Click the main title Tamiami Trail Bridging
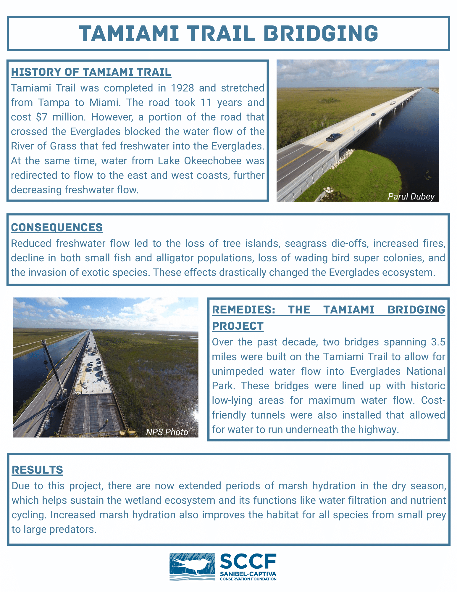click(228, 33)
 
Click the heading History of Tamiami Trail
click(91, 72)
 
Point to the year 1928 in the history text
click(182, 88)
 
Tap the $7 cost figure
click(41, 117)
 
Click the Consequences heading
click(57, 227)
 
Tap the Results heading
click(37, 470)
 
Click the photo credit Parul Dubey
click(411, 197)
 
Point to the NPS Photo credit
click(167, 432)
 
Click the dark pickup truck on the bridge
click(333, 137)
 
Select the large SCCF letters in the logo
click(248, 562)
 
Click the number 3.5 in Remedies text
click(438, 342)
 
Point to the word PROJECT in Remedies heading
click(238, 326)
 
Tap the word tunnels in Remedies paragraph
click(268, 415)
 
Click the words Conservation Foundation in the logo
click(248, 579)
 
